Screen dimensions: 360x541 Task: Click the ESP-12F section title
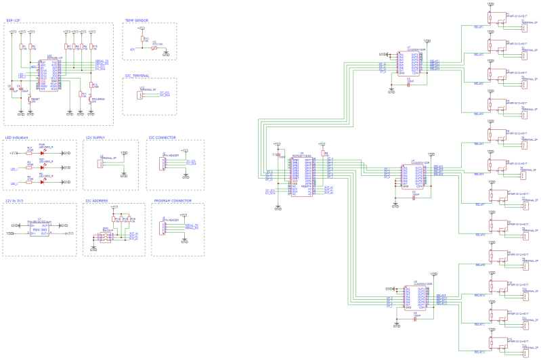[x=13, y=21]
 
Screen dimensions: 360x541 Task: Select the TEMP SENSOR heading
[x=136, y=21]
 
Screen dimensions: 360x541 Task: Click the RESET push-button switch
[x=28, y=99]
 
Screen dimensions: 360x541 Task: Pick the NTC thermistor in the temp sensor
[x=154, y=48]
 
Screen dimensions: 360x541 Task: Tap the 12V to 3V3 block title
[x=18, y=201]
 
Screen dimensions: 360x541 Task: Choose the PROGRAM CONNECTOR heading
[x=172, y=201]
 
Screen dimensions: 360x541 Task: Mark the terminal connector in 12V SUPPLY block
[x=101, y=163]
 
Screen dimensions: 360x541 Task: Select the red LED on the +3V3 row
[x=42, y=153]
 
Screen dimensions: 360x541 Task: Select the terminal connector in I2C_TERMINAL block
[x=140, y=94]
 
